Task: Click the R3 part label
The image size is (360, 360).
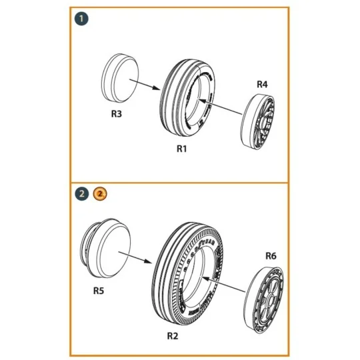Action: [116, 113]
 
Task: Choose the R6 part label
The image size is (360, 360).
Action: [270, 254]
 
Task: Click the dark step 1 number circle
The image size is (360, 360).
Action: [80, 19]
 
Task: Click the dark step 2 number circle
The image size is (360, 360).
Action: [81, 194]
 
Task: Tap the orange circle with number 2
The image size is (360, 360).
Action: [99, 194]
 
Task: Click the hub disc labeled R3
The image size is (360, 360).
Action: [122, 77]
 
